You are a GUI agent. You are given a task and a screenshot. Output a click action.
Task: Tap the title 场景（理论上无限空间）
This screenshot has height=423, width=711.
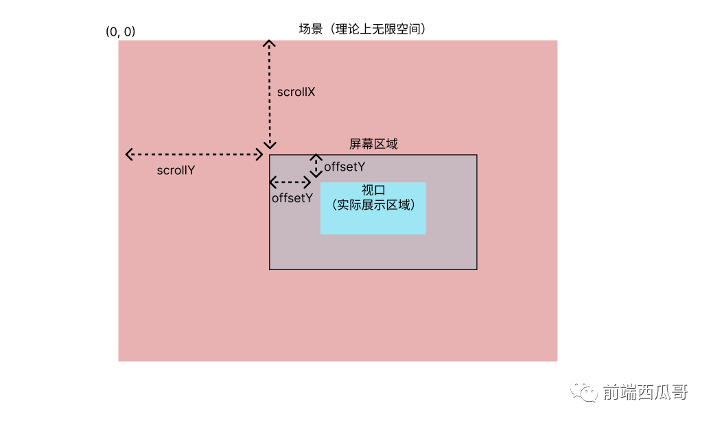click(x=362, y=29)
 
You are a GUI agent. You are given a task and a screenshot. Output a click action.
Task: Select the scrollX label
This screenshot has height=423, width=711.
click(x=296, y=92)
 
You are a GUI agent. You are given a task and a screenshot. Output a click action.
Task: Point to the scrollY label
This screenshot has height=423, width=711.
click(x=176, y=170)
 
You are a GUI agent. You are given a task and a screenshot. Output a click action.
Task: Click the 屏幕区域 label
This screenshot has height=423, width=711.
click(x=373, y=144)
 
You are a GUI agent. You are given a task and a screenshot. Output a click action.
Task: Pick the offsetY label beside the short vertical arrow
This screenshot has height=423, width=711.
click(x=344, y=167)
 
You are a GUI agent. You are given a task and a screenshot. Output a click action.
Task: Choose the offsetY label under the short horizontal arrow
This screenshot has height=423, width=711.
click(x=292, y=198)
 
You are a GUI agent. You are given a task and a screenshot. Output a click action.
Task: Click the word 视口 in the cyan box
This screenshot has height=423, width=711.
click(x=373, y=190)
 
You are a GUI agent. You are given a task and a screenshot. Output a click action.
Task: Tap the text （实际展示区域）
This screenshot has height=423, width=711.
click(x=373, y=205)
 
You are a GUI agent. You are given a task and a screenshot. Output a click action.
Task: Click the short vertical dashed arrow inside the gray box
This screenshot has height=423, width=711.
click(x=316, y=166)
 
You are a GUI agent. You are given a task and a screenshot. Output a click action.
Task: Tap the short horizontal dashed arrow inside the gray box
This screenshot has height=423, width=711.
click(x=290, y=182)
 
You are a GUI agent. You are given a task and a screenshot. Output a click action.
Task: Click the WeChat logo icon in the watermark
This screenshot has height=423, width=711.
click(x=584, y=391)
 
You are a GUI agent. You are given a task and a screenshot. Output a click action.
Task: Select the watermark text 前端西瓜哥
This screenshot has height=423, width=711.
click(x=645, y=392)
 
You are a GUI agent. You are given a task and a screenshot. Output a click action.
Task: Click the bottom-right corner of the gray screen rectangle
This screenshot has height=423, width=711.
click(x=476, y=269)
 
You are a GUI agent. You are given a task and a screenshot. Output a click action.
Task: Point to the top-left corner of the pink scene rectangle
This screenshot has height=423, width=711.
click(x=119, y=40)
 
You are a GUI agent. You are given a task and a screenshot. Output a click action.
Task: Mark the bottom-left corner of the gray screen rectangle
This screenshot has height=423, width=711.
click(x=269, y=269)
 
